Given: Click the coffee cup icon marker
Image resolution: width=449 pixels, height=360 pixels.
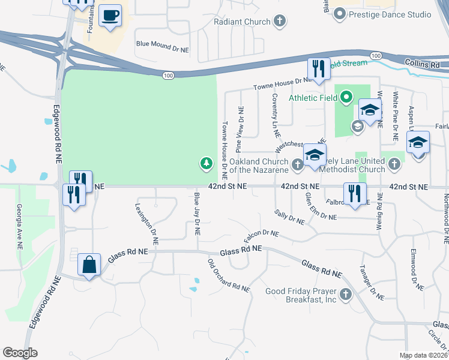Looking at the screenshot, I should [x=110, y=16].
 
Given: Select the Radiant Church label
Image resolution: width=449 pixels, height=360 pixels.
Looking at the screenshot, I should [x=243, y=22].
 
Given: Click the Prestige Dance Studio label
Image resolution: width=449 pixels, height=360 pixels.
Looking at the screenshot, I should [x=391, y=14].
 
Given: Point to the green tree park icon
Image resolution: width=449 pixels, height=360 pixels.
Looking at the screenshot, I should [x=206, y=163].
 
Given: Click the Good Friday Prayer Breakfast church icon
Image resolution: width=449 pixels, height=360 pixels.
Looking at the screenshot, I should [x=345, y=294].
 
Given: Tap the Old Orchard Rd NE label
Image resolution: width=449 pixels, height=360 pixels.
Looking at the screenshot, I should [x=228, y=275].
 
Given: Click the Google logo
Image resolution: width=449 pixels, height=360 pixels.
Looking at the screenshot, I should [x=20, y=353].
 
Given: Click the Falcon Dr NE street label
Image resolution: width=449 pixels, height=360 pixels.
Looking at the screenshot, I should [x=262, y=237].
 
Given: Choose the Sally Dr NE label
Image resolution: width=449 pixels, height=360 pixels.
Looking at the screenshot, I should [x=289, y=217].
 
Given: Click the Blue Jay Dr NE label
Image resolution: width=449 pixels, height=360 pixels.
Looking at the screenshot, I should [x=196, y=214].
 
